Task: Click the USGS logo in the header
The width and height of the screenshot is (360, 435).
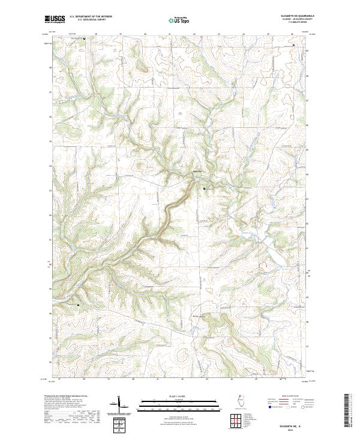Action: coord(55,20)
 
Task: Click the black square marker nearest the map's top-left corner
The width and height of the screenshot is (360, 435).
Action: coord(84,39)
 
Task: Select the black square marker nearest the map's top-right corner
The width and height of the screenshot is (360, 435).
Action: coord(293,46)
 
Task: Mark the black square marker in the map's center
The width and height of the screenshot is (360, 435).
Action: coord(205,188)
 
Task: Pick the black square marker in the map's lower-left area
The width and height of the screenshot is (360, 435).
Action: coord(78,305)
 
